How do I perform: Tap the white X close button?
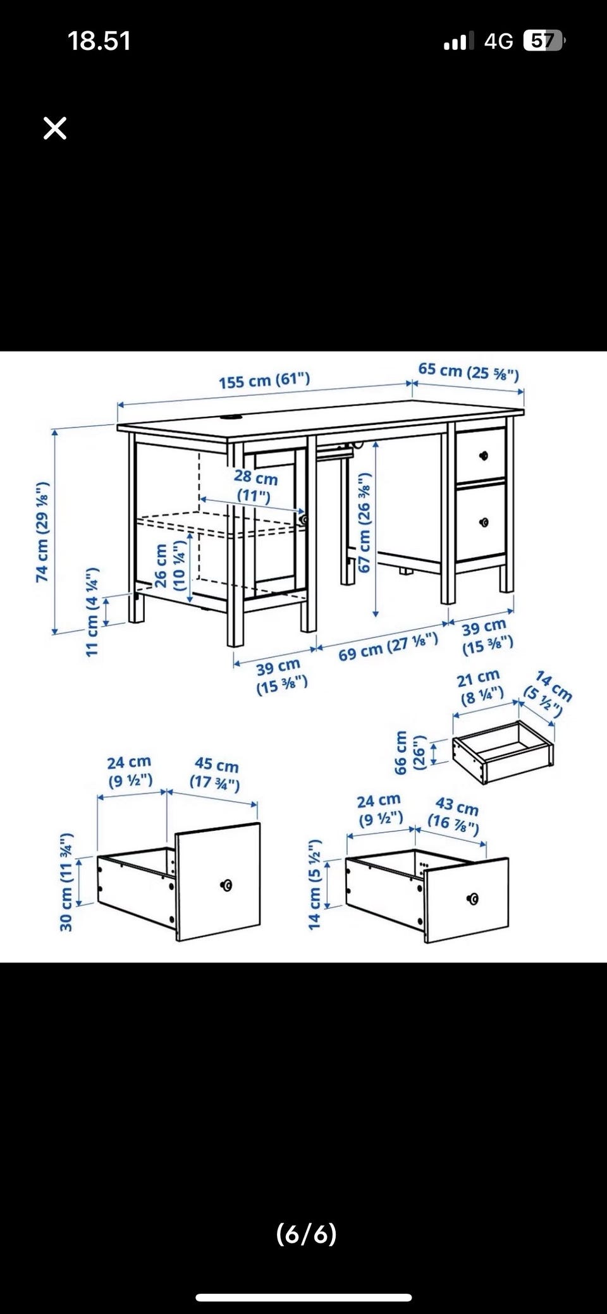[55, 128]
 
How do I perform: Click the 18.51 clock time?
[99, 42]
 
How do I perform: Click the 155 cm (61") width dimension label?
[264, 381]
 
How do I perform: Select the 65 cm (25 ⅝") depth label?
[469, 371]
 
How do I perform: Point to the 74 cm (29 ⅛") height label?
[42, 532]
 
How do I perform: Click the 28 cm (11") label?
[255, 486]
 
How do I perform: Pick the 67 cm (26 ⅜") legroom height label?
[365, 523]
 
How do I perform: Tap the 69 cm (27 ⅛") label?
[388, 646]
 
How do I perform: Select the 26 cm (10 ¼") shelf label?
[170, 567]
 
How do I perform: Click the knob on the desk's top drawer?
[484, 455]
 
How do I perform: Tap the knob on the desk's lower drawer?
[484, 522]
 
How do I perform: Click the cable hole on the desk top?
[233, 417]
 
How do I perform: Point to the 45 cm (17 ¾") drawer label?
[216, 774]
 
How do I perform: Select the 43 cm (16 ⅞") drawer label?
[455, 814]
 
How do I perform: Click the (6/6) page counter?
[307, 1234]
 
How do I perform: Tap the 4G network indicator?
[499, 42]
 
